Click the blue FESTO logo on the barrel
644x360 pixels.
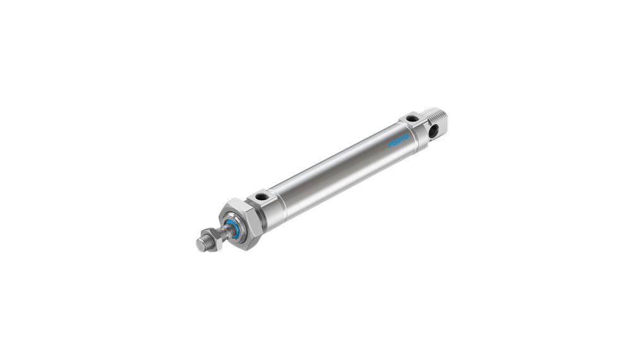tap(399, 140)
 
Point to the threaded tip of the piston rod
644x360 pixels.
tap(203, 244)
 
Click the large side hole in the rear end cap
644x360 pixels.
tap(434, 131)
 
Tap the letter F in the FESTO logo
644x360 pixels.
tap(390, 146)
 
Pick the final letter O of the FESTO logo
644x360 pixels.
tap(407, 135)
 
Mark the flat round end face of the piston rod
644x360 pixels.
tap(200, 246)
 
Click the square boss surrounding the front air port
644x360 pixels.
tap(264, 201)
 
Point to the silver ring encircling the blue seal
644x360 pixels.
tap(235, 226)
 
